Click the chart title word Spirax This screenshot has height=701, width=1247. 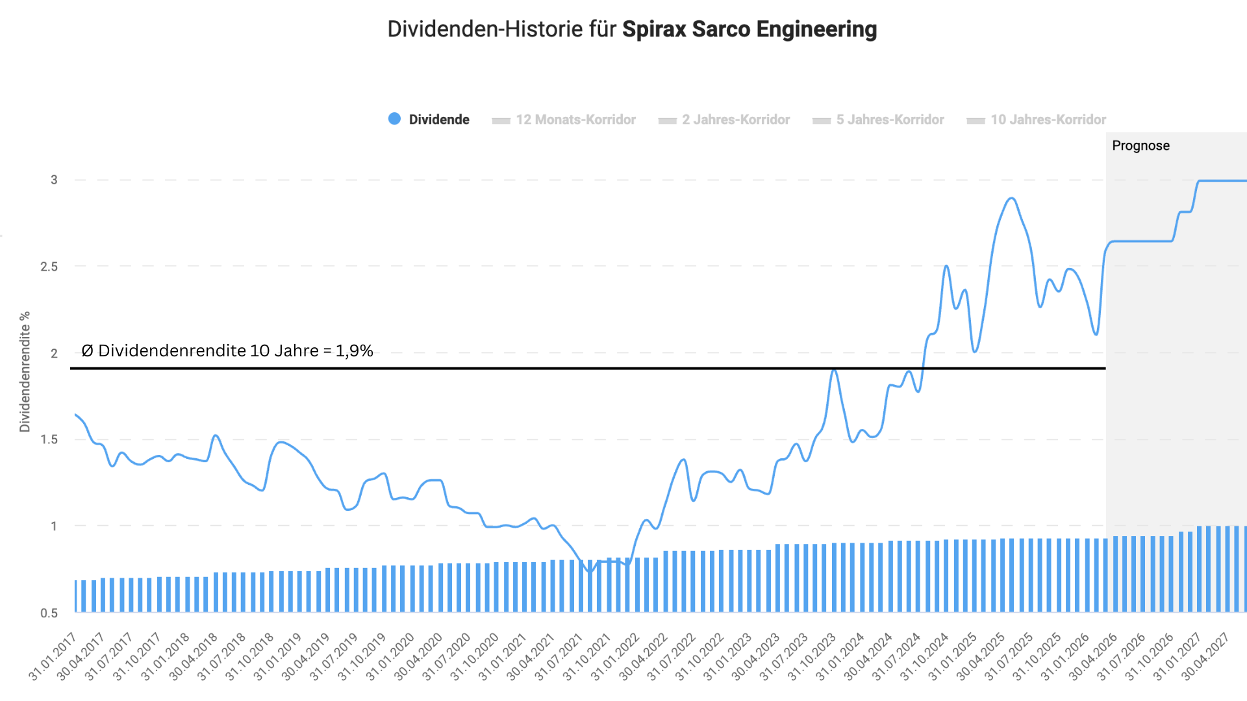(x=654, y=29)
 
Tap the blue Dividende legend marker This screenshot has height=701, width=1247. (x=394, y=119)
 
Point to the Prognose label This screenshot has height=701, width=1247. (x=1140, y=145)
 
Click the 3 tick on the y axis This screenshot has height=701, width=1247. (x=54, y=180)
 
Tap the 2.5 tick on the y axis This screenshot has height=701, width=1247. (x=49, y=267)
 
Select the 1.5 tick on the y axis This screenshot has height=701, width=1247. (x=49, y=439)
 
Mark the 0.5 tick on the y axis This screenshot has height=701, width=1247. (x=49, y=613)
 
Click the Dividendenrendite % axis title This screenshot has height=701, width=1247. (x=25, y=371)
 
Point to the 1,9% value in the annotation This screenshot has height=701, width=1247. (x=354, y=350)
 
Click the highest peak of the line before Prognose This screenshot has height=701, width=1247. (x=1011, y=198)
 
